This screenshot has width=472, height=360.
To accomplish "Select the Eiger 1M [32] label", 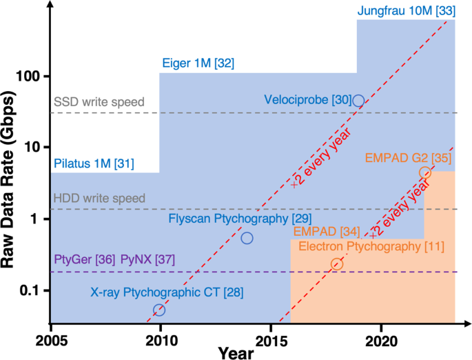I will tap(198, 63).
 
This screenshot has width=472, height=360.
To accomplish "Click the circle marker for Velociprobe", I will tap(358, 101).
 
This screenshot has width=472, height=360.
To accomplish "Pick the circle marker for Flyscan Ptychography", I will tap(247, 238).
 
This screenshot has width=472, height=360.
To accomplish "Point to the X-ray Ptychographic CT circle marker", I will tap(159, 310).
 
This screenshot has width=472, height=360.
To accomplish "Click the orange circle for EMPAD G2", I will tap(425, 172).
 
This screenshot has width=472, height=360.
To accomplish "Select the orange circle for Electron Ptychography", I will tap(337, 264).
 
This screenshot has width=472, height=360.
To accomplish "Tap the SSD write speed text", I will tap(99, 102).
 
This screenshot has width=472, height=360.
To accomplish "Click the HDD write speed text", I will tap(99, 199).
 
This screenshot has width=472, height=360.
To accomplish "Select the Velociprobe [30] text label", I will tap(307, 100).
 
